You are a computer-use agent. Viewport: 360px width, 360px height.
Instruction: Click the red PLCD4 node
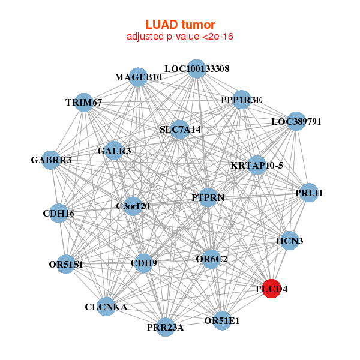[272, 289]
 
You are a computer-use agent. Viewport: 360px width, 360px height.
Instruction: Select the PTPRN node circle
[207, 197]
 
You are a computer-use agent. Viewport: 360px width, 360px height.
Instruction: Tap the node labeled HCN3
[289, 241]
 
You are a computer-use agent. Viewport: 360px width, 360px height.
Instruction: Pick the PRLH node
[308, 193]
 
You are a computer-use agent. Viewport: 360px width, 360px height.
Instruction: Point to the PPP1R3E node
[241, 100]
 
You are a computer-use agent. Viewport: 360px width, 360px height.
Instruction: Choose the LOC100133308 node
[196, 68]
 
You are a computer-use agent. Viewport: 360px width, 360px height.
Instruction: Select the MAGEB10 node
[139, 77]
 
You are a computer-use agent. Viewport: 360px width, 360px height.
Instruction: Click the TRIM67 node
[85, 103]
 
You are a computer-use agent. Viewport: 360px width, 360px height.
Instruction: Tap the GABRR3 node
[52, 160]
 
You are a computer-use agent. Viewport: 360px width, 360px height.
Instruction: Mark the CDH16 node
[59, 213]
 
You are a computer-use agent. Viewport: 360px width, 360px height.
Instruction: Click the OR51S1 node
[67, 264]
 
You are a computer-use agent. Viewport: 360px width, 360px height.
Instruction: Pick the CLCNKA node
[106, 307]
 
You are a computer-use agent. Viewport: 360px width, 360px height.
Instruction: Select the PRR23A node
[166, 327]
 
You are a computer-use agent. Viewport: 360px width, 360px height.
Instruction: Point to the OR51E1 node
[221, 320]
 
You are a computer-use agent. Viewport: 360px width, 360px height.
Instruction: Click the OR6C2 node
[211, 259]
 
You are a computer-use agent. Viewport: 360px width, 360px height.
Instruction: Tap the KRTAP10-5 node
[257, 165]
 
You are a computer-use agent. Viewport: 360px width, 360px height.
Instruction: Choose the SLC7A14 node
[180, 129]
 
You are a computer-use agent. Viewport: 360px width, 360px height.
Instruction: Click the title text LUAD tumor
[180, 25]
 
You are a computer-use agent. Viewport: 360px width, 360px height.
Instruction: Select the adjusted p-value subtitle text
[180, 37]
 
